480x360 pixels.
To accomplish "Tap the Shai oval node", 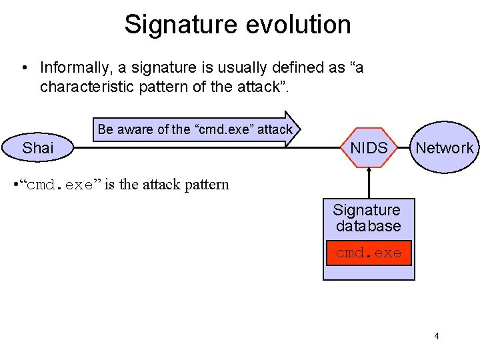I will pyautogui.click(x=38, y=148).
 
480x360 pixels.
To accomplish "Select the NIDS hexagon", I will pyautogui.click(x=369, y=148).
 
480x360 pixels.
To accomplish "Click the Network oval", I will pyautogui.click(x=445, y=148).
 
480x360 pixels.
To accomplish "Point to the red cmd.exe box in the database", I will pyautogui.click(x=369, y=253).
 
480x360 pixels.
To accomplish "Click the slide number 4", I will pyautogui.click(x=437, y=336).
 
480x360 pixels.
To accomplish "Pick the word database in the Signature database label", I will pyautogui.click(x=368, y=227).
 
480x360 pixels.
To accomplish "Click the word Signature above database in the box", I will pyautogui.click(x=367, y=211).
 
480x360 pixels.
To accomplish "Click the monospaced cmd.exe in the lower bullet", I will pyautogui.click(x=60, y=185).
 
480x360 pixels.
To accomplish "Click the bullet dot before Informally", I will pyautogui.click(x=24, y=69).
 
